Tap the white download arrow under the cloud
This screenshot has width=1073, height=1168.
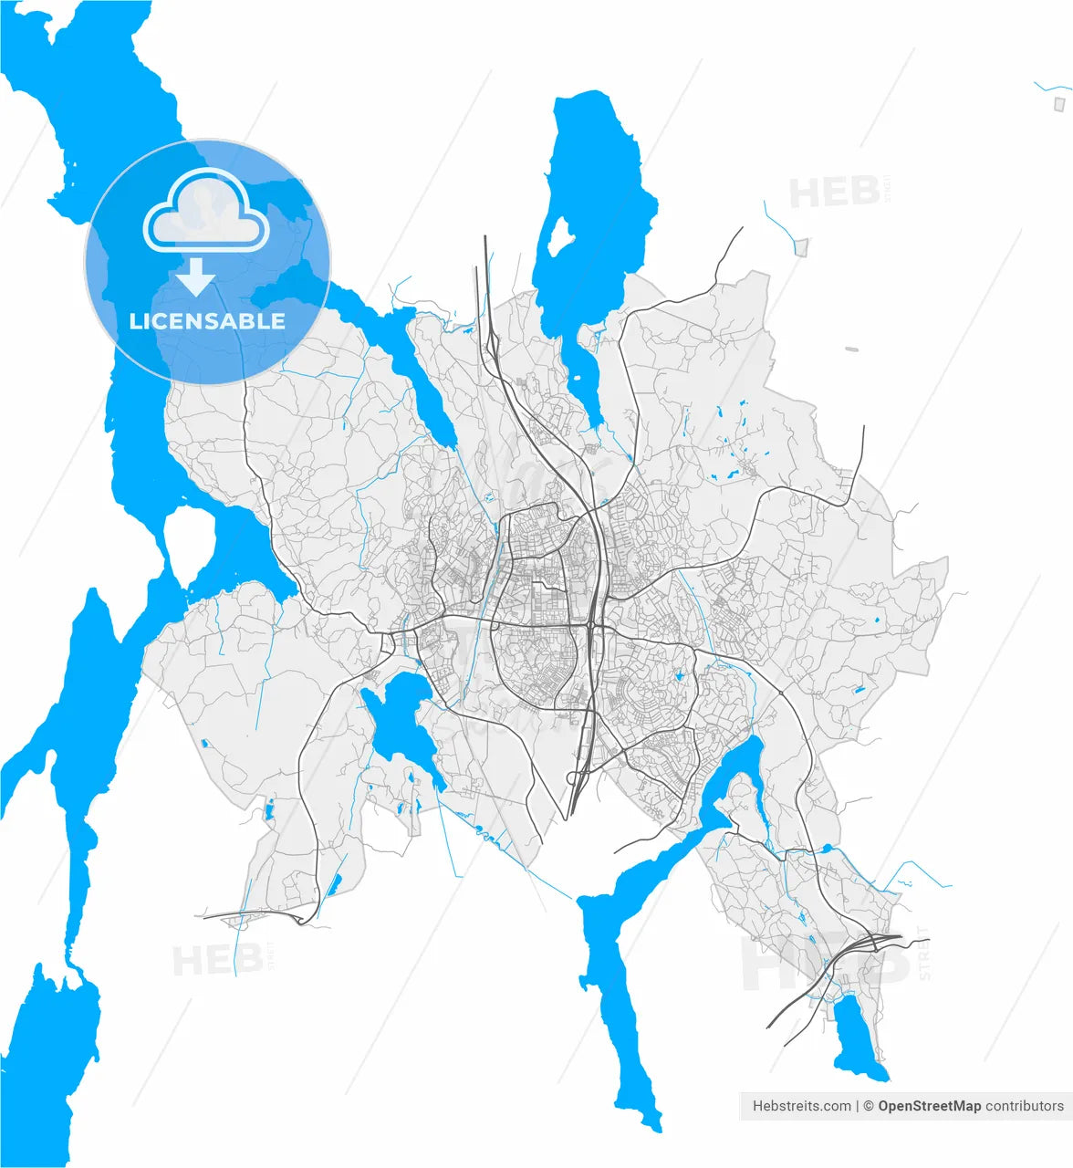[196, 276]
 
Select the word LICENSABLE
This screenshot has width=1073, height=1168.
[207, 321]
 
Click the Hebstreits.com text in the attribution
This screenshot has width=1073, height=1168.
[801, 1106]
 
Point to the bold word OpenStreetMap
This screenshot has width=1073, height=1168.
[930, 1106]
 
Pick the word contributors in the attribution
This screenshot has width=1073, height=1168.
[1025, 1106]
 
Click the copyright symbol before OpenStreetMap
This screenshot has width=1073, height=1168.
[870, 1106]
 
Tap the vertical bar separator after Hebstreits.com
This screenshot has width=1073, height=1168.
[858, 1106]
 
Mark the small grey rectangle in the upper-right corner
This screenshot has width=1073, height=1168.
[1060, 103]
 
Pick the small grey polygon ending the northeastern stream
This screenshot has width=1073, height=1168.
[801, 246]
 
